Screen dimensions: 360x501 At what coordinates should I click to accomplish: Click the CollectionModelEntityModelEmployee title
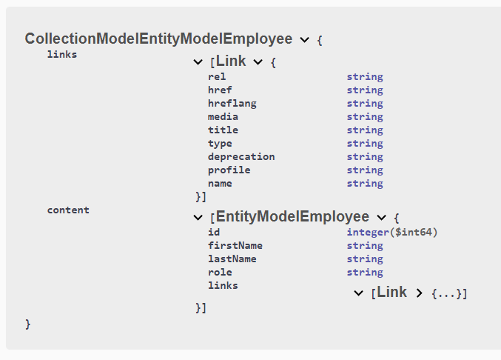(159, 39)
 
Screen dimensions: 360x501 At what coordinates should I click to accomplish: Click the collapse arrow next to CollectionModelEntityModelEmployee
(305, 40)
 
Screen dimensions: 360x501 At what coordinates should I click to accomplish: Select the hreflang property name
(232, 103)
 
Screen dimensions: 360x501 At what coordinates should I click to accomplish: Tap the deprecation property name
(241, 156)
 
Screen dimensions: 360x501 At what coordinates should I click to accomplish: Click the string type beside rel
(364, 76)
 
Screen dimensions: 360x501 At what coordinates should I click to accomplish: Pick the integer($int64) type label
(392, 232)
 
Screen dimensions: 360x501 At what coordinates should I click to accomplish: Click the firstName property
(235, 245)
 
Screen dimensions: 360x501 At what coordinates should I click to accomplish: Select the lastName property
(232, 259)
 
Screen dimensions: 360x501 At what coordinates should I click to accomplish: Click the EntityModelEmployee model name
(292, 217)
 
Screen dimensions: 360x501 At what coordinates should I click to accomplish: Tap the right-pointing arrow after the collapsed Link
(420, 293)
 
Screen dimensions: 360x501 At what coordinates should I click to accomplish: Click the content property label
(68, 210)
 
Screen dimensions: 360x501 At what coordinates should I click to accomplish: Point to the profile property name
(229, 170)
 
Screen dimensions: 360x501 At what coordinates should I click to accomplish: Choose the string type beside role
(364, 272)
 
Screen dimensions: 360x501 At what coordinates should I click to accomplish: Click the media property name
(223, 116)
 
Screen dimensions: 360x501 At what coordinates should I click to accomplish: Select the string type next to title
(364, 130)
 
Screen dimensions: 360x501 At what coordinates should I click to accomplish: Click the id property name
(214, 232)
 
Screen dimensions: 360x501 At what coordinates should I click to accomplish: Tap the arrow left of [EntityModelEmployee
(198, 218)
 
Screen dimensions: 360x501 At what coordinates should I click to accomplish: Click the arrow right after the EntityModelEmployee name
(382, 218)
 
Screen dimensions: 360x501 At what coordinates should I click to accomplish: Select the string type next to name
(364, 183)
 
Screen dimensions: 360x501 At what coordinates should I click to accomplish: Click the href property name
(220, 90)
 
